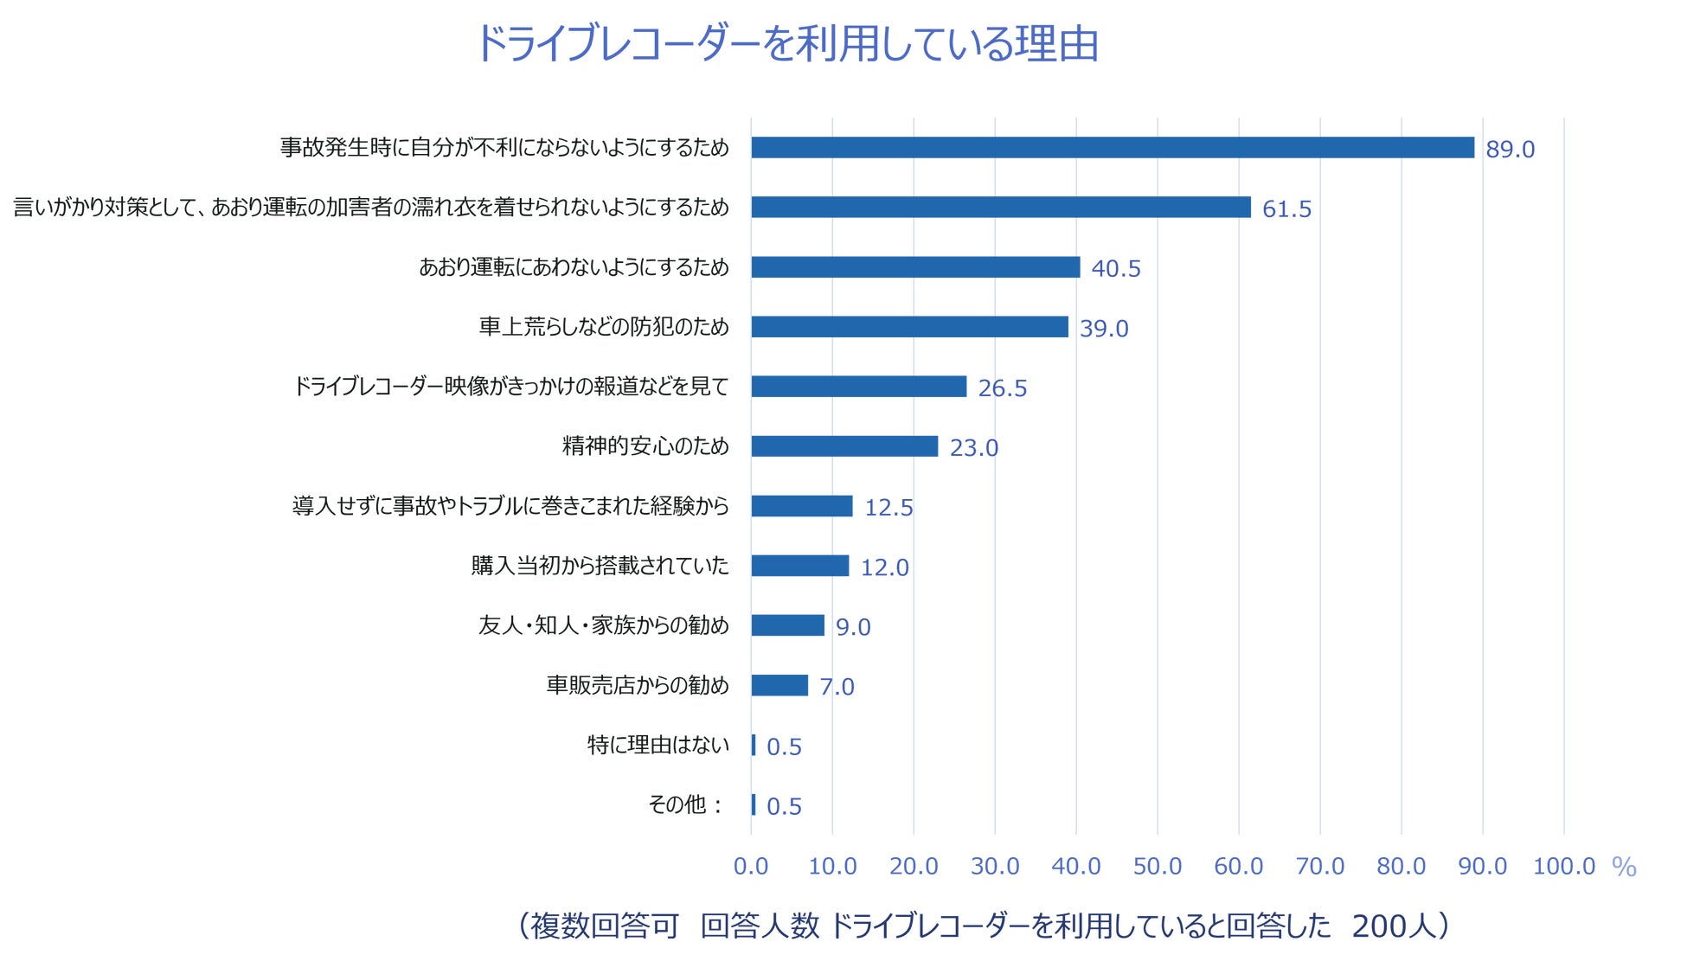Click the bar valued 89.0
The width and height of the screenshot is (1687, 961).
click(x=1112, y=148)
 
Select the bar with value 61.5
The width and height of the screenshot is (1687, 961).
click(x=1000, y=208)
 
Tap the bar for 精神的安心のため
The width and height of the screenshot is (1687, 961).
click(x=844, y=446)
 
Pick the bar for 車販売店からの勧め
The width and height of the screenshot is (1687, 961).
click(x=779, y=686)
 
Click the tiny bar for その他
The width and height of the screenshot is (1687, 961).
click(x=754, y=805)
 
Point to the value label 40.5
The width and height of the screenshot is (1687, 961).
click(x=1115, y=269)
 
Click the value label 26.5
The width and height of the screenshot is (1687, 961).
click(x=1002, y=388)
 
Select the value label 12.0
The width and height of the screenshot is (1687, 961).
click(x=884, y=567)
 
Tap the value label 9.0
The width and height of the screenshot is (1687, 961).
click(x=853, y=627)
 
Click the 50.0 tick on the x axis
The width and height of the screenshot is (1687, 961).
click(x=1157, y=866)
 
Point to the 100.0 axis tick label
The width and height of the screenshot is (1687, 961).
click(x=1563, y=866)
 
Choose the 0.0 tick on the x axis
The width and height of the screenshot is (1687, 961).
click(x=751, y=866)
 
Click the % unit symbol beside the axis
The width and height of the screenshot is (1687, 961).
click(x=1624, y=867)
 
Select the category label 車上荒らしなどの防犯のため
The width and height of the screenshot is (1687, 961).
click(x=604, y=327)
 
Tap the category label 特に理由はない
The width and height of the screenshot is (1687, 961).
click(x=657, y=745)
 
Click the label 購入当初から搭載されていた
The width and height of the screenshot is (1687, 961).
click(x=600, y=566)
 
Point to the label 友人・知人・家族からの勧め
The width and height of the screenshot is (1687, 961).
click(x=603, y=625)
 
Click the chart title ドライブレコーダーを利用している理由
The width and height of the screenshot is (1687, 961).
click(x=787, y=43)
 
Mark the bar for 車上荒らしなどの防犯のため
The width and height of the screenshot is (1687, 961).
click(x=909, y=327)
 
